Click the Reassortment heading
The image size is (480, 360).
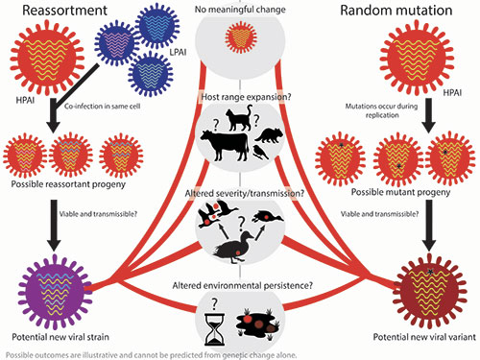[x=64, y=11]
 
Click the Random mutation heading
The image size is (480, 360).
[x=396, y=11]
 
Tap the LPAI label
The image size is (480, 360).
[x=178, y=52]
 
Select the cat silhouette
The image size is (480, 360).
[x=239, y=118]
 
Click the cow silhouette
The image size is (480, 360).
[x=225, y=145]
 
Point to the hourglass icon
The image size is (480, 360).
[x=215, y=329]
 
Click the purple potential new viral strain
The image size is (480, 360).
[x=55, y=292]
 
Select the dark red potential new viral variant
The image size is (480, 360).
[x=429, y=292]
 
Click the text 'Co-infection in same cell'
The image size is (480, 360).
[x=103, y=107]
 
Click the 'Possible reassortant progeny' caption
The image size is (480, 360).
[x=68, y=184]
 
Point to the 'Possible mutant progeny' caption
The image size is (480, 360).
[x=400, y=192]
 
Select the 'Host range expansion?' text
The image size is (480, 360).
[x=246, y=97]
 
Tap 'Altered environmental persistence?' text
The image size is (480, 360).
[x=243, y=285]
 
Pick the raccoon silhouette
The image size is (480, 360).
[x=270, y=135]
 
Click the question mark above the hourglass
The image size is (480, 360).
[x=214, y=303]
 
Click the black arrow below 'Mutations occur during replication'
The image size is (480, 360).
[x=429, y=115]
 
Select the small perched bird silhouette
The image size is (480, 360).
[x=260, y=152]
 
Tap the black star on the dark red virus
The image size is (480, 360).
[x=431, y=272]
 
